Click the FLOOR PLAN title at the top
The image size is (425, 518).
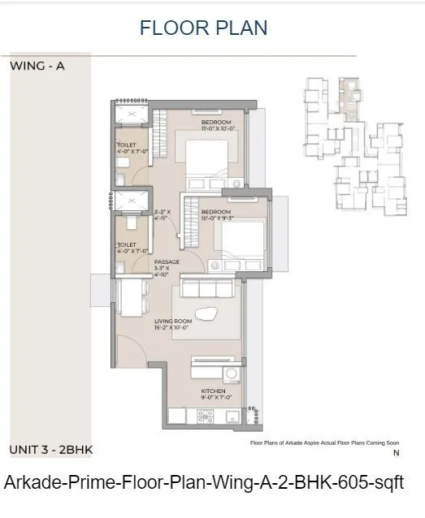tap(203, 27)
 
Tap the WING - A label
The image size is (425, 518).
tap(37, 67)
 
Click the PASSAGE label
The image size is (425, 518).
tap(167, 261)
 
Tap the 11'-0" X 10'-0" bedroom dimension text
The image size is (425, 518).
tap(217, 128)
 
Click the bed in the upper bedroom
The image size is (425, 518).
tap(209, 162)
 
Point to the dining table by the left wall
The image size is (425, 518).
tap(132, 298)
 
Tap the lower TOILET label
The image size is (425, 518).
tap(128, 244)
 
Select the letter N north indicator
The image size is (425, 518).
tap(396, 453)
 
